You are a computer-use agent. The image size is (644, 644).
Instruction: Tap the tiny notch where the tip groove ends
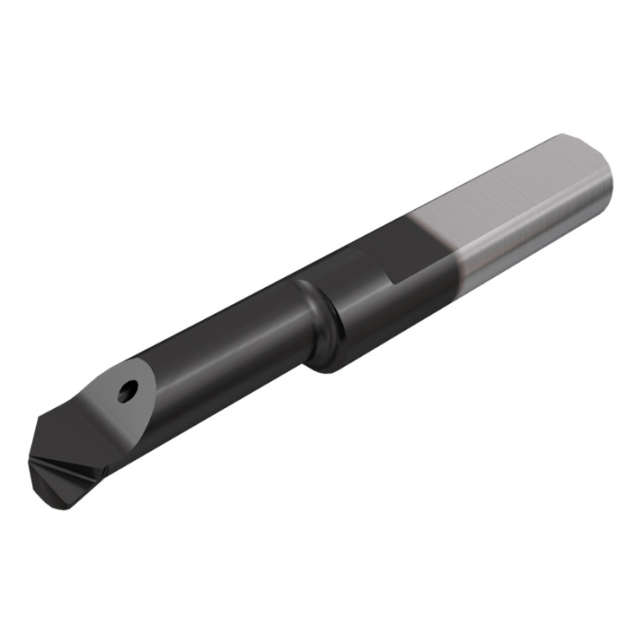[x=107, y=464]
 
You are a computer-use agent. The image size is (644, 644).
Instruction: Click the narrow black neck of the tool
[x=227, y=336]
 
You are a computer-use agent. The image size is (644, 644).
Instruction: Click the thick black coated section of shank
[x=369, y=311]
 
